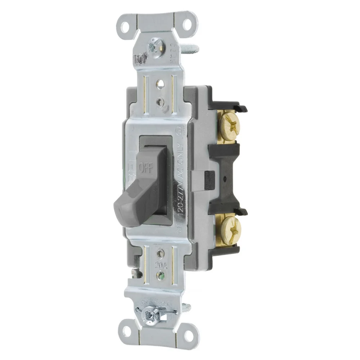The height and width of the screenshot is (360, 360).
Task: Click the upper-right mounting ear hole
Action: coord(187,24)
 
